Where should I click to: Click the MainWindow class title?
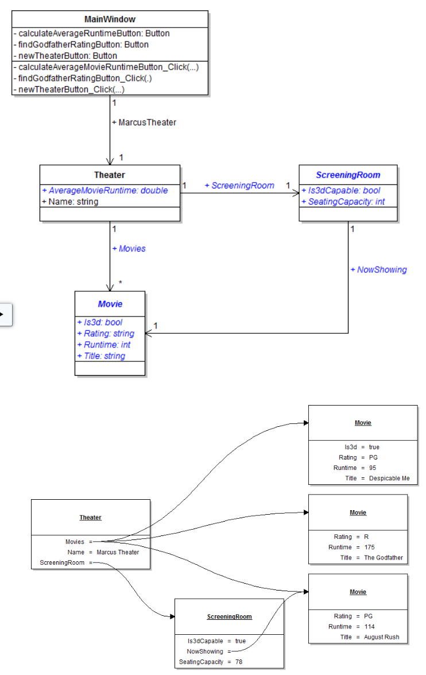pyautogui.click(x=110, y=20)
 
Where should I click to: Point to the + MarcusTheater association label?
pyautogui.click(x=144, y=122)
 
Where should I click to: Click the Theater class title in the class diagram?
pyautogui.click(x=109, y=175)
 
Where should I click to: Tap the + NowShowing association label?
pyautogui.click(x=378, y=269)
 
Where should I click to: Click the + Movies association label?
pyautogui.click(x=129, y=249)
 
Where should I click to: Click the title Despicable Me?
pyautogui.click(x=389, y=478)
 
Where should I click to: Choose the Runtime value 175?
pyautogui.click(x=369, y=547)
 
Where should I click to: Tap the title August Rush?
pyautogui.click(x=381, y=637)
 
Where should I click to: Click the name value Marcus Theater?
pyautogui.click(x=118, y=552)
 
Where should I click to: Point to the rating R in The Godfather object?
pyautogui.click(x=366, y=537)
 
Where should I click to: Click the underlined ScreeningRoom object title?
pyautogui.click(x=229, y=616)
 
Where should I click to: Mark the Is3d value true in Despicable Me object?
pyautogui.click(x=374, y=447)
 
